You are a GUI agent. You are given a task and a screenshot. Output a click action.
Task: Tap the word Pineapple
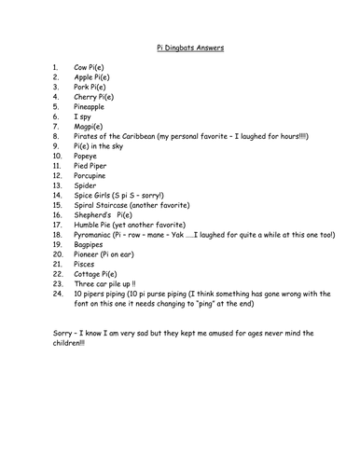(x=93, y=107)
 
